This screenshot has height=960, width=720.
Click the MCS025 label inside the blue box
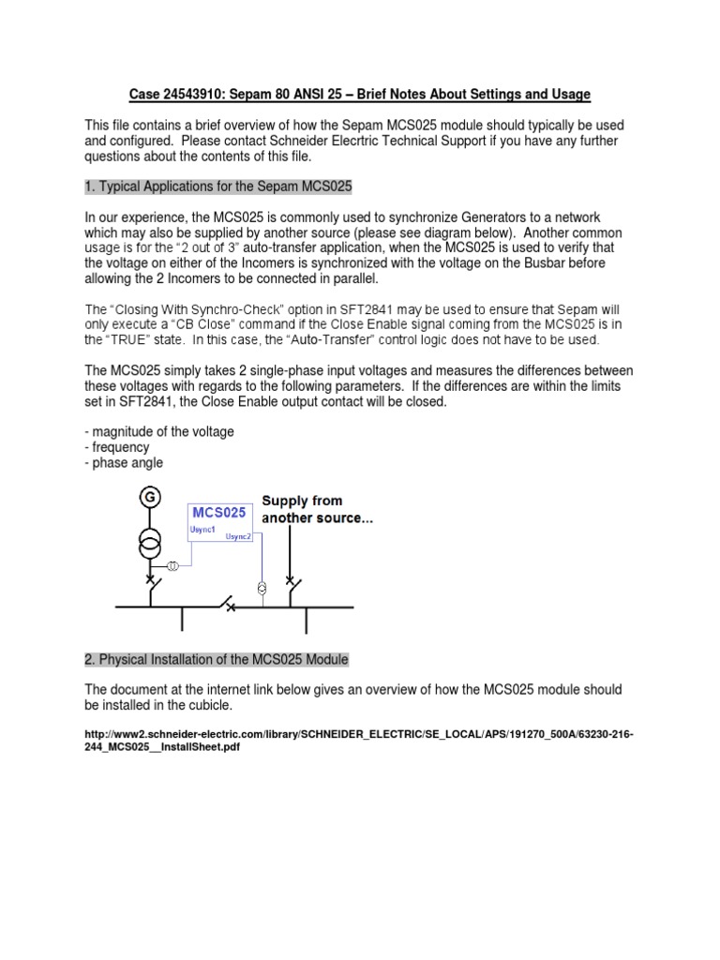coord(219,513)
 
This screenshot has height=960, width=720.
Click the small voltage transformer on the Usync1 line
coord(173,567)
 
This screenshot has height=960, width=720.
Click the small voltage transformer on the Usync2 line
coord(262,588)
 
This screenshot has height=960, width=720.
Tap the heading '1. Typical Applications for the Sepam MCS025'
coord(218,187)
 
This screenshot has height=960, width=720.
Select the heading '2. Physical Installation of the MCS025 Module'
coord(217,660)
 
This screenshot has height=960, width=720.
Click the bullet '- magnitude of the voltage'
coord(159,431)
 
